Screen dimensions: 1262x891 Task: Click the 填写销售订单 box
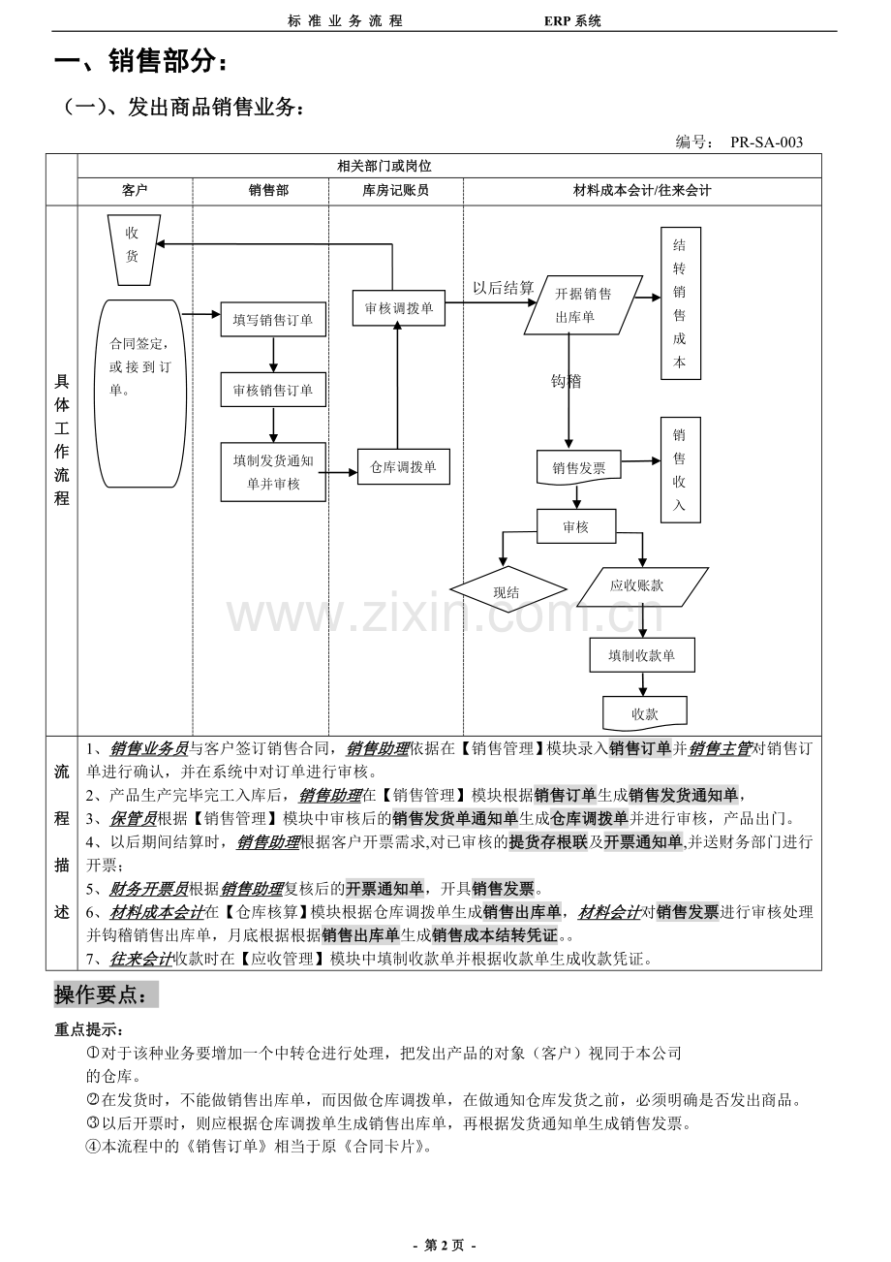273,319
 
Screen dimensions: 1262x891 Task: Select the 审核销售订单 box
273,390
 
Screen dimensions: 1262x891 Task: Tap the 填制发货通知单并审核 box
273,471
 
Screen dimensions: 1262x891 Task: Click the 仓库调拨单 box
403,466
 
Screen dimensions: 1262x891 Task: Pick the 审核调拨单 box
398,307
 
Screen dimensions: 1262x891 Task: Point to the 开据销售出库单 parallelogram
583,305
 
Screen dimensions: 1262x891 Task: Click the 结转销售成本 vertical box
680,302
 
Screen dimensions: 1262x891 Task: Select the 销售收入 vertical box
680,470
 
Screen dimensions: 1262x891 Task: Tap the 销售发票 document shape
579,467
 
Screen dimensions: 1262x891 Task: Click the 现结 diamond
507,590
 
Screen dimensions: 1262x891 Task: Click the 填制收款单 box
642,655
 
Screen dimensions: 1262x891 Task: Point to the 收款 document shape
644,713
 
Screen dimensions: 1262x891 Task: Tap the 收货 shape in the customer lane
133,248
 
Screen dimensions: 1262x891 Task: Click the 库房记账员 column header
395,191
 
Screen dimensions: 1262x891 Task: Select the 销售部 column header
268,191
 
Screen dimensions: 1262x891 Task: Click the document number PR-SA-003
766,142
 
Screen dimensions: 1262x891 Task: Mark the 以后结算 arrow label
503,288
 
